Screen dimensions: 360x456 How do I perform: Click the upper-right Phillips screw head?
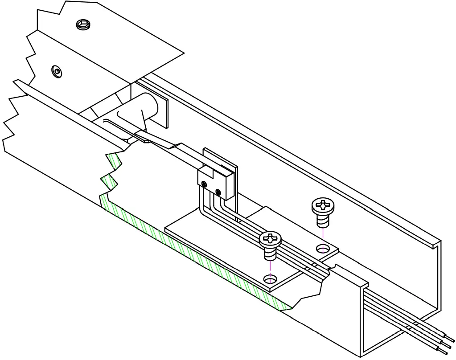322,206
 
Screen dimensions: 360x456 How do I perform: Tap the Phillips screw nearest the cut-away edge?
270,239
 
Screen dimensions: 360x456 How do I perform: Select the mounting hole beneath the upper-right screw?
323,247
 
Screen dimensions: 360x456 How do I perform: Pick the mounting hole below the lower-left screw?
270,279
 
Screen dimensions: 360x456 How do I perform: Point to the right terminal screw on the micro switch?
218,192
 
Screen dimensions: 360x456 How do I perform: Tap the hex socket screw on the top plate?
83,25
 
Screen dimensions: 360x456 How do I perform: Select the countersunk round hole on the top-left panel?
57,70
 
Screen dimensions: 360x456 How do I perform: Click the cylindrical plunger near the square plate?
147,109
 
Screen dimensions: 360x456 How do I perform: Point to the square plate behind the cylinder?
164,111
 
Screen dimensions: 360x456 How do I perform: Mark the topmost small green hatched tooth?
114,160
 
